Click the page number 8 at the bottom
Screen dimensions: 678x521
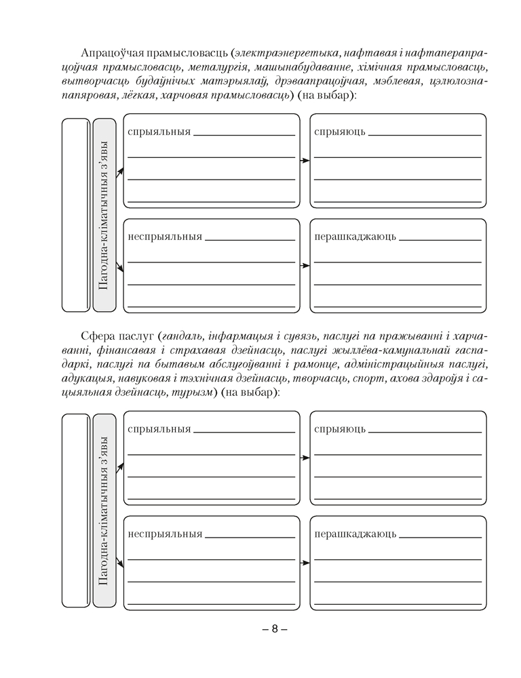(x=275, y=629)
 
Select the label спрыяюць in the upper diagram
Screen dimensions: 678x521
(x=340, y=132)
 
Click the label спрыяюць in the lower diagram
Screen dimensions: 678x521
(x=340, y=428)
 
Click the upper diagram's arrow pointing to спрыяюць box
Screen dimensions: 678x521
(x=305, y=161)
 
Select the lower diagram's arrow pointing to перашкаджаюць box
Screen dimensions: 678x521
(x=305, y=563)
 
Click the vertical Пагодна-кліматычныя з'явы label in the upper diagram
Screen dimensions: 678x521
(x=104, y=216)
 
